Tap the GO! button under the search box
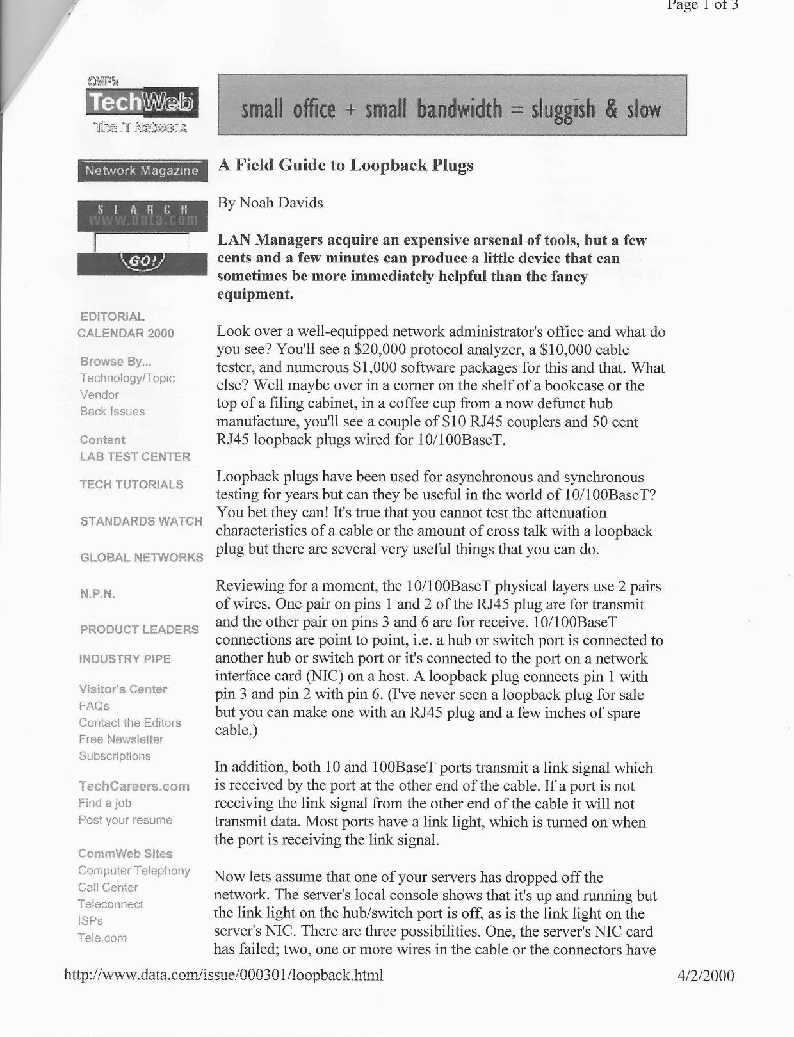(143, 262)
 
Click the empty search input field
(142, 243)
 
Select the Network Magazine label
(142, 171)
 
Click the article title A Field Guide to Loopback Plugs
(346, 165)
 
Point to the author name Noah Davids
(280, 203)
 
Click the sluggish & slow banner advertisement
(452, 106)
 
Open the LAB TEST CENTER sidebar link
(135, 456)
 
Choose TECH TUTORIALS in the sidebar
(131, 485)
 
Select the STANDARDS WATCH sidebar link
(142, 521)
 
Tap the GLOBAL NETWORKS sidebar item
(142, 558)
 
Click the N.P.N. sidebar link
(98, 593)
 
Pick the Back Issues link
(113, 412)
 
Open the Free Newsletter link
(121, 739)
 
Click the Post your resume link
(126, 820)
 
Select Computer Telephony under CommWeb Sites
(134, 871)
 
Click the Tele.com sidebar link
(102, 938)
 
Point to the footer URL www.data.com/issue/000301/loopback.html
(224, 976)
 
